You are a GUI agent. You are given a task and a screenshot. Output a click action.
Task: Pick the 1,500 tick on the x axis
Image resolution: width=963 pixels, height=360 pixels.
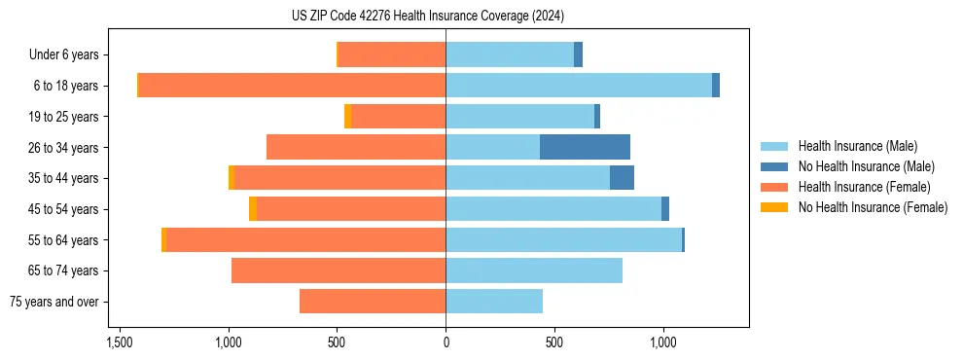pos(120,343)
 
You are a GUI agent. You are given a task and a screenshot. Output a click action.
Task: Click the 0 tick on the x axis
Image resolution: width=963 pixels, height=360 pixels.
pos(446,343)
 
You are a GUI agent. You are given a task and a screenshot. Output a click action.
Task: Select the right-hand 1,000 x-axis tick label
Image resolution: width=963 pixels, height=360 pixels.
pos(663,343)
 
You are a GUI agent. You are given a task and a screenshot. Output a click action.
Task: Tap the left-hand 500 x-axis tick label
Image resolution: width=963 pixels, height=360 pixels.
pos(337,343)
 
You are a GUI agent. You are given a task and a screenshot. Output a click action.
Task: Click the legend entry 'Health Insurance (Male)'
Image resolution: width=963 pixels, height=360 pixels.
pos(857,146)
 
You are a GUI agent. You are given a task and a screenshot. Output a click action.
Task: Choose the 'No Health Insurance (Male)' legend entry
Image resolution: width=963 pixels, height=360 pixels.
pos(866,166)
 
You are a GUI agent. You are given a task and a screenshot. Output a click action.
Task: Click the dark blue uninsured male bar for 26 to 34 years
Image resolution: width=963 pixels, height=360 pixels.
pos(585,147)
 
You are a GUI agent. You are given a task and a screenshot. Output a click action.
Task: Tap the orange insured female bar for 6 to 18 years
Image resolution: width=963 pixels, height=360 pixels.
pos(292,86)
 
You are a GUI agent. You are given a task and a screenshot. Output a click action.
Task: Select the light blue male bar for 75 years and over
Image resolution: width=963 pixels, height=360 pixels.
pos(494,302)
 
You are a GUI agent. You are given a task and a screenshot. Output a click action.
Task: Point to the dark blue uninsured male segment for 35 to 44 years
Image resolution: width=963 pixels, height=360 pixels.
pos(622,178)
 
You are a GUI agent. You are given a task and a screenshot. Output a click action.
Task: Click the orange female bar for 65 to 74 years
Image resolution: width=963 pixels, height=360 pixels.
pos(339,270)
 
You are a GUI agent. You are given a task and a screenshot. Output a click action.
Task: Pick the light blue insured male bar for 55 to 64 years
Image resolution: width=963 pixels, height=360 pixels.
pos(563,239)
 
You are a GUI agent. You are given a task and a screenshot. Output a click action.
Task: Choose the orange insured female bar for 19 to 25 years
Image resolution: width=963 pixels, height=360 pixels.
pos(399,117)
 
